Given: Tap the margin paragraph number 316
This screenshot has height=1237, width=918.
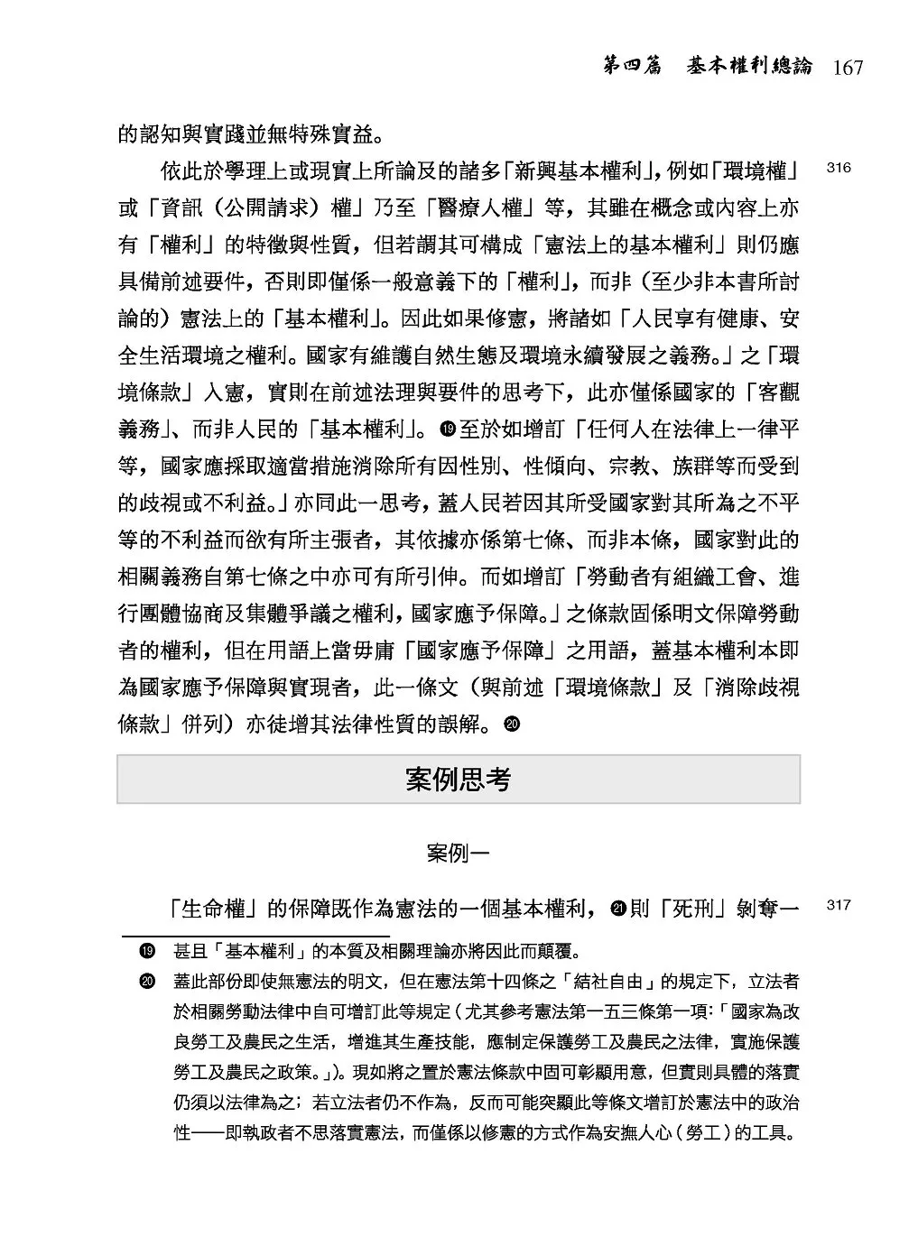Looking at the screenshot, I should click(x=839, y=168).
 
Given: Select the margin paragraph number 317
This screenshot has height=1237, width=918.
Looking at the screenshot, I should click(x=839, y=905).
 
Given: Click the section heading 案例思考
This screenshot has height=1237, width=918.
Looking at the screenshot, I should click(x=459, y=779).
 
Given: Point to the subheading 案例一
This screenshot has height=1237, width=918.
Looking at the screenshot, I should click(x=459, y=853).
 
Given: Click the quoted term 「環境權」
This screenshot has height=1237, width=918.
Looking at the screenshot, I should click(x=752, y=170).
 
